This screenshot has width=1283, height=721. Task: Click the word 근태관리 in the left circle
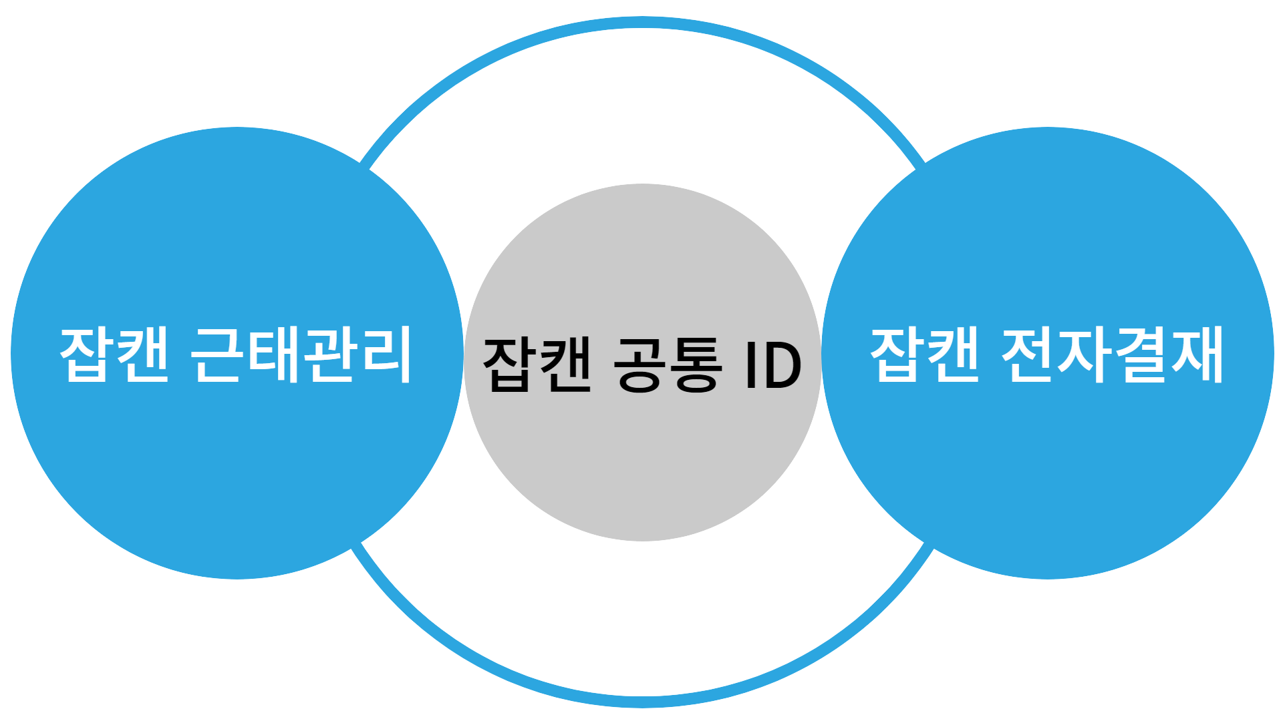point(301,354)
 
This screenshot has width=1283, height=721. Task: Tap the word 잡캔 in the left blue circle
point(114,354)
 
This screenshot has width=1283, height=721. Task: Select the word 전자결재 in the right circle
point(1113,354)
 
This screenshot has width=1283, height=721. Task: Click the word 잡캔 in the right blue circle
point(925,354)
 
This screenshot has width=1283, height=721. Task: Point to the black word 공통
point(668,365)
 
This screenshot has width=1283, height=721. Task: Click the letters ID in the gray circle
point(773,365)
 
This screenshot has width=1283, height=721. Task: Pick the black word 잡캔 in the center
point(537,365)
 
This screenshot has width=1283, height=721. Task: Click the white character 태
point(273,354)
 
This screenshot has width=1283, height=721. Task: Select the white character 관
point(329,354)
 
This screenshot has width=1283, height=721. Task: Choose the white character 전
point(1029,354)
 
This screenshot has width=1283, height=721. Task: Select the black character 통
point(696,365)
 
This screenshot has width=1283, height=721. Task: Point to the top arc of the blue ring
point(641,23)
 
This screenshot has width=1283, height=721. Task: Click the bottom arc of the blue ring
point(641,701)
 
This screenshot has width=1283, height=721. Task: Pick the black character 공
point(639,365)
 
